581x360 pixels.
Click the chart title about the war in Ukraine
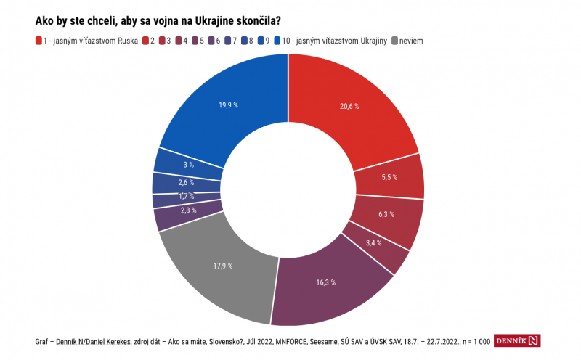point(158,22)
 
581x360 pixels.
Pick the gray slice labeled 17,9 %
point(222,266)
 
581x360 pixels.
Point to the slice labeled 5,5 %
point(389,177)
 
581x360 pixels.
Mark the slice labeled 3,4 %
point(374,243)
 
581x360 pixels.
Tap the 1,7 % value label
point(187,196)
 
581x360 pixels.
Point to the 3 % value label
point(188,165)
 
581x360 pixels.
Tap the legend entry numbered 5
point(196,41)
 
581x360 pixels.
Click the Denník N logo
point(518,341)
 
